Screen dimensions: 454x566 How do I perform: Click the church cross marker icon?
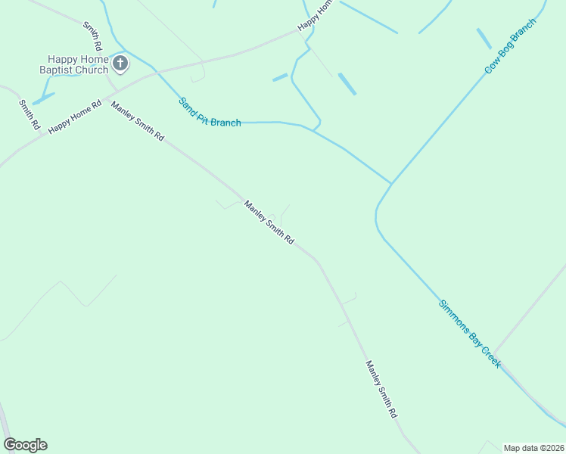[x=120, y=65]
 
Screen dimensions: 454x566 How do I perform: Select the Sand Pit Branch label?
[x=210, y=112]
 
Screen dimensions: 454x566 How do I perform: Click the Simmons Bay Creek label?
[x=469, y=334]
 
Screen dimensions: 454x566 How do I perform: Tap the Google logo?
[x=25, y=445]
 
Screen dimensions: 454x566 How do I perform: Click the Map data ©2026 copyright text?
[x=533, y=448]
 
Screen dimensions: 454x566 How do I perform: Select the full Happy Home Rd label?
[x=74, y=118]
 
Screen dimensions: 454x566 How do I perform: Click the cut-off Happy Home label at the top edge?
[x=315, y=15]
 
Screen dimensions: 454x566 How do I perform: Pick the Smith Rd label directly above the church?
[x=92, y=36]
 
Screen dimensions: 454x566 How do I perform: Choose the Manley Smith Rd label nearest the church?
[x=137, y=120]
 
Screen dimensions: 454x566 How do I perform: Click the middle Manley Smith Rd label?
[x=269, y=221]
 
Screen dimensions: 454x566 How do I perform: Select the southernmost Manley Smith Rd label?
[x=381, y=390]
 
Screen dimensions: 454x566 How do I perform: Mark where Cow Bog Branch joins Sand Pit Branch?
[x=391, y=183]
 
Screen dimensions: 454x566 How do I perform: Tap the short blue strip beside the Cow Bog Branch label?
[x=483, y=38]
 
